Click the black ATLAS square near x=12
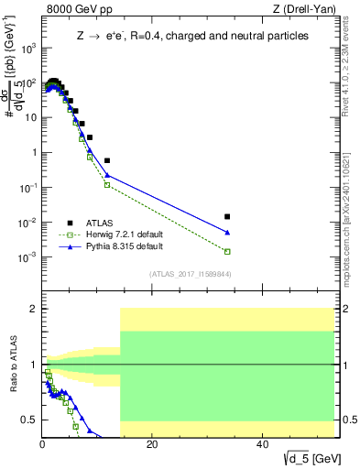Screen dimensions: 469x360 tap(107, 160)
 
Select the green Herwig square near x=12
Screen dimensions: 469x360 tap(107, 185)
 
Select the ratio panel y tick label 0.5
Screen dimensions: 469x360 tap(30, 420)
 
